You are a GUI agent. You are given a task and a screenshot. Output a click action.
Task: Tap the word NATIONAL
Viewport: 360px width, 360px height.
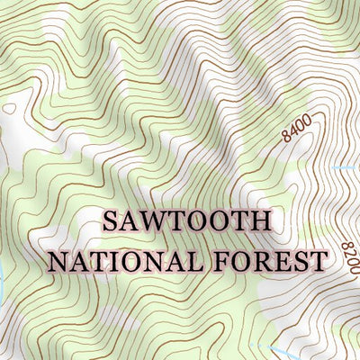(x=113, y=262)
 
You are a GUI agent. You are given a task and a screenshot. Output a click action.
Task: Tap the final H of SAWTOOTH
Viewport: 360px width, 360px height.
(x=260, y=221)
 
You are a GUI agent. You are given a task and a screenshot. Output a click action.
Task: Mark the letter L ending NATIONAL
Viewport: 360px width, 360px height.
(x=175, y=262)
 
